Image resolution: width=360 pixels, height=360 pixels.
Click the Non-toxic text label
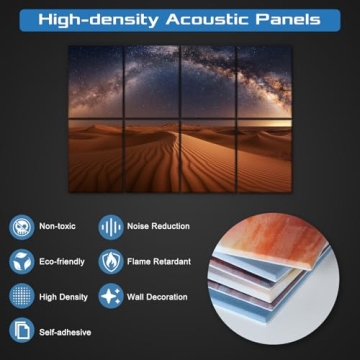[x=59, y=227]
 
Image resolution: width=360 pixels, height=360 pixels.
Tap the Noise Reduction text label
[x=159, y=227]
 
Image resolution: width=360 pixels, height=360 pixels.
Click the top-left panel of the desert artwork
[x=96, y=80]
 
